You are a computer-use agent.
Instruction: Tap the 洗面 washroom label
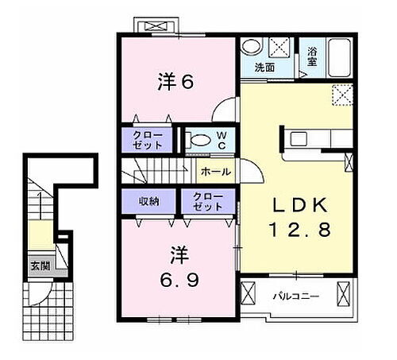point(264,68)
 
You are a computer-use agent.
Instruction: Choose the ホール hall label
point(215,171)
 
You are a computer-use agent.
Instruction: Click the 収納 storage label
point(149,201)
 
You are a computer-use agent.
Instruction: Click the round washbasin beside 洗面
point(250,46)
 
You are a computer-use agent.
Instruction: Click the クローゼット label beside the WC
point(148,141)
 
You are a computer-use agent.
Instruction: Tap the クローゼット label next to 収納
point(208,201)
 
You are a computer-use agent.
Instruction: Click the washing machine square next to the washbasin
point(278,45)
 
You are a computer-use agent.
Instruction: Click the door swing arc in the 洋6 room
point(225,110)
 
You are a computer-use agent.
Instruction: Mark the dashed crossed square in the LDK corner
point(342,97)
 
